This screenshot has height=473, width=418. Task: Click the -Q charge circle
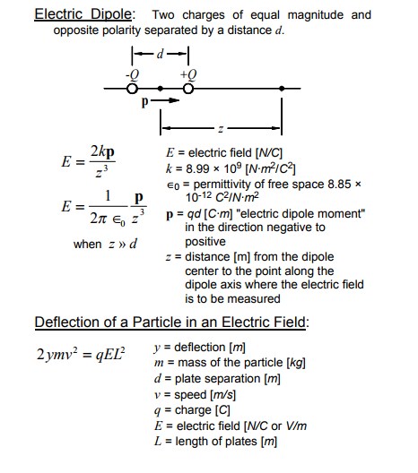coord(132,89)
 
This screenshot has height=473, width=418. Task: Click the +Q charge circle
coord(188,89)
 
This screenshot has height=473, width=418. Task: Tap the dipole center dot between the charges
coord(161,89)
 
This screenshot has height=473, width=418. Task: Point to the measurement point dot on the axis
coord(282,89)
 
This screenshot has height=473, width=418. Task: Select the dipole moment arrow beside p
coord(165,100)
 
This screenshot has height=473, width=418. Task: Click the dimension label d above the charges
coord(160,54)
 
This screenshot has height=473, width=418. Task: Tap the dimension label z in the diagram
coord(221,128)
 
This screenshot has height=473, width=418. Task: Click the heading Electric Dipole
coord(83,14)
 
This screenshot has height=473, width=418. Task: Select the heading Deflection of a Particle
coord(170,322)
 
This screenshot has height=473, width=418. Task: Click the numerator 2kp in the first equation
coord(102,151)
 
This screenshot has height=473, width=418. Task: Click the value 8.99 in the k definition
coord(197,168)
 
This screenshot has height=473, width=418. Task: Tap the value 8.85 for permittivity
coord(339,184)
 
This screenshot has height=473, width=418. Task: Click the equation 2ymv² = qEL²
coord(81,354)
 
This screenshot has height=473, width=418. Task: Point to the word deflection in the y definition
coord(200,348)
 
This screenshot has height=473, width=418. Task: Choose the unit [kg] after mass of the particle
coord(296,363)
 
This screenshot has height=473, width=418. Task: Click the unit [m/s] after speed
coord(222,394)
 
